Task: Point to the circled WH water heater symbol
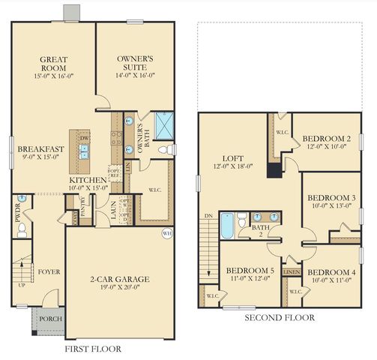click(166, 233)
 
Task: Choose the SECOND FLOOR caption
click(280, 318)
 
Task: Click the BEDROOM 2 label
click(327, 139)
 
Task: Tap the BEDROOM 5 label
click(250, 270)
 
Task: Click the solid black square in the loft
click(274, 169)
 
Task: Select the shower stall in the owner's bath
click(163, 123)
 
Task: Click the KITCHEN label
click(88, 181)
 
